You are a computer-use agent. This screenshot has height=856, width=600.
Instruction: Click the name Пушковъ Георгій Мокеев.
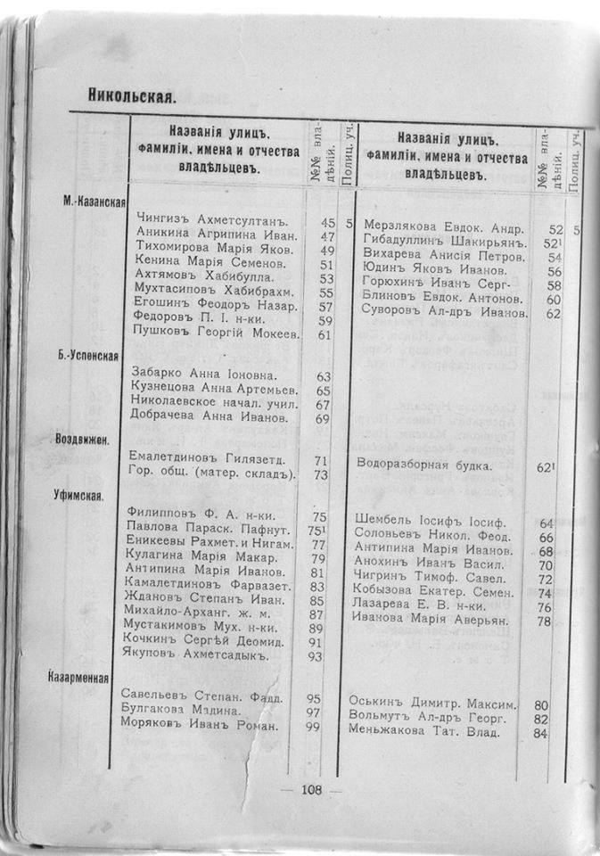point(216,333)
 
